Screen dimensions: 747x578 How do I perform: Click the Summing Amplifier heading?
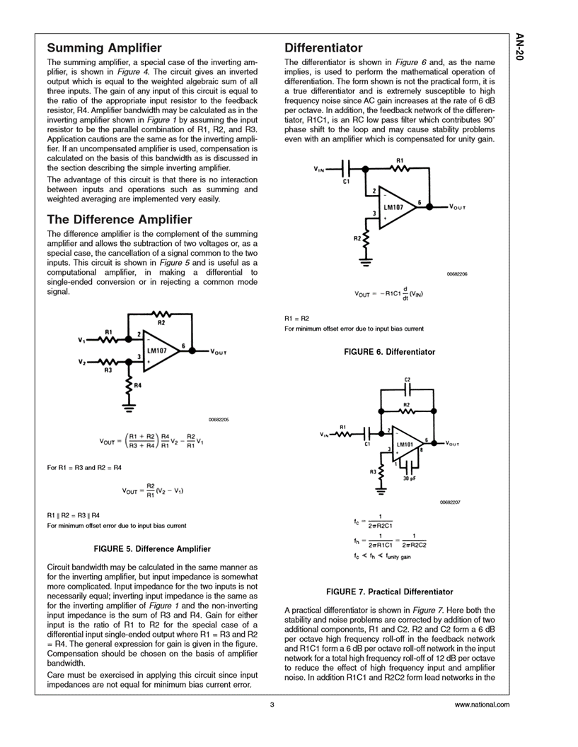104,49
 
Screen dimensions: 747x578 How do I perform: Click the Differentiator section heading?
323,48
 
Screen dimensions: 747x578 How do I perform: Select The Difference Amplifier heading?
119,219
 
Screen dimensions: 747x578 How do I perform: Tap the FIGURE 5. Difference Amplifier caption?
152,548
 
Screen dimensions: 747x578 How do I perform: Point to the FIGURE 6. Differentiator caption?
388,351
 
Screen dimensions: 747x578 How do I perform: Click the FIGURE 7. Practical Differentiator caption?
388,591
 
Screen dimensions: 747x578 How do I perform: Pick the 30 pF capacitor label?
409,478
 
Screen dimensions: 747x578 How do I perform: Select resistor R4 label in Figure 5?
137,385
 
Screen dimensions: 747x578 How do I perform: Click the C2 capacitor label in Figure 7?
407,380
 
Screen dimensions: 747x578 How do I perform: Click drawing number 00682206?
457,273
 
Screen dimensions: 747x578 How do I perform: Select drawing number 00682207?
450,501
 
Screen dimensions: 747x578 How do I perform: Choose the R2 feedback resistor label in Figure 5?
161,322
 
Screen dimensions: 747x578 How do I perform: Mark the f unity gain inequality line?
382,556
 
